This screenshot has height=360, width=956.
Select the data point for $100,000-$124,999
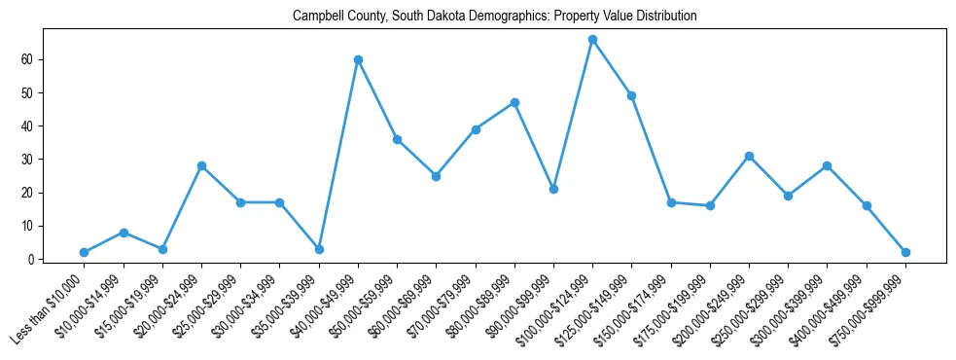592,39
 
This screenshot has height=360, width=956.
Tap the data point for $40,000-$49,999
358,59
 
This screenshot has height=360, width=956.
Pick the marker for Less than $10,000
84,252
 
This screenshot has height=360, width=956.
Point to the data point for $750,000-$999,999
905,252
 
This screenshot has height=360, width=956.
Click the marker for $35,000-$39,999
319,249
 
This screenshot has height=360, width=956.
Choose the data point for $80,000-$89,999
514,102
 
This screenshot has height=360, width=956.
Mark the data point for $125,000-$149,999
631,95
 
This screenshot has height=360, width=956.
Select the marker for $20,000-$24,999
201,165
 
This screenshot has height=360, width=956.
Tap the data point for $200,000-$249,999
749,156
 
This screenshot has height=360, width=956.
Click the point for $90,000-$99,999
553,189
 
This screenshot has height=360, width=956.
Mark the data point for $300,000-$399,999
827,165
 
